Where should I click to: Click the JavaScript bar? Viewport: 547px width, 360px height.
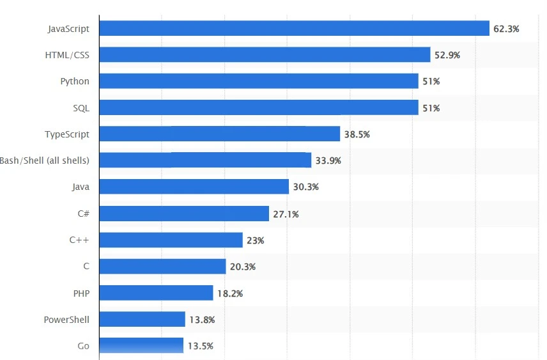tap(294, 29)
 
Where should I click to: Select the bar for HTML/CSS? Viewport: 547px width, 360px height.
tap(265, 55)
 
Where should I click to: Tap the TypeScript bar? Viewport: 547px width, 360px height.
tap(219, 134)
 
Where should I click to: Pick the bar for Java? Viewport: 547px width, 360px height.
tap(194, 187)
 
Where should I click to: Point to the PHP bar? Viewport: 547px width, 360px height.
tap(156, 293)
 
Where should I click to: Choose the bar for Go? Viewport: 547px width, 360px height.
tap(141, 346)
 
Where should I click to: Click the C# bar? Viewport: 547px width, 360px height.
tap(184, 214)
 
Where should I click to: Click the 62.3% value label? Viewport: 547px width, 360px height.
tap(506, 29)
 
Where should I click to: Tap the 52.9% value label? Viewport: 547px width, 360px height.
tap(447, 55)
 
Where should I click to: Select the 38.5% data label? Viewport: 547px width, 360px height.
tap(357, 134)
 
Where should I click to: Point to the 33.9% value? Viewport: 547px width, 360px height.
tap(328, 160)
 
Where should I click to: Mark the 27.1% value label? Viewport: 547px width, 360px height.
tap(286, 214)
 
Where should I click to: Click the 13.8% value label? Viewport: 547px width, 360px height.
tap(202, 320)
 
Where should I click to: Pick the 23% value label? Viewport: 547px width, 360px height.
tap(255, 240)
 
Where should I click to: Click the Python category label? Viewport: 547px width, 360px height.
tap(75, 81)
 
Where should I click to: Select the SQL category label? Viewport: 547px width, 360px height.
tap(81, 108)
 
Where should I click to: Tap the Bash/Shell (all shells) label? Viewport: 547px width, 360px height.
tap(45, 160)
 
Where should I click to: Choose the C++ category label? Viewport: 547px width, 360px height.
tap(79, 240)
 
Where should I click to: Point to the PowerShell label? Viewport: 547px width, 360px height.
tap(66, 320)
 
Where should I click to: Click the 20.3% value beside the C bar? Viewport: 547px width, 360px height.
tap(243, 267)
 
